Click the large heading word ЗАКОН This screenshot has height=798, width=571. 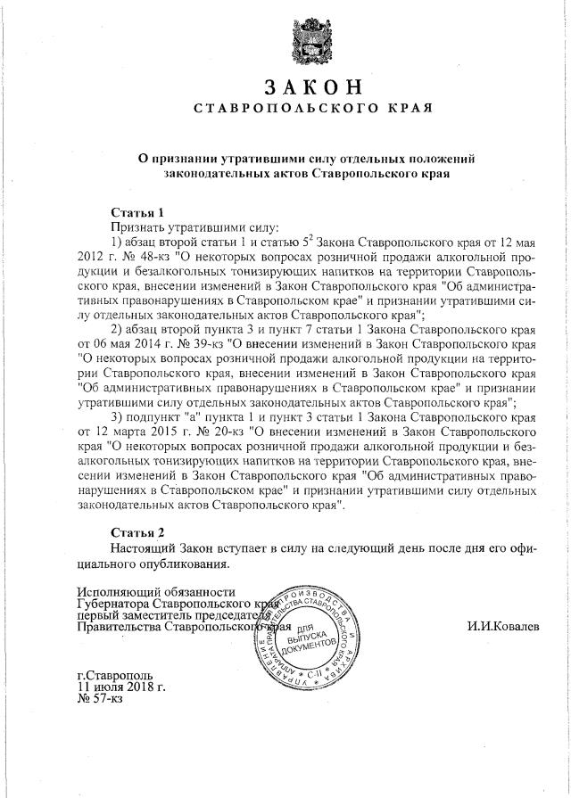(313, 87)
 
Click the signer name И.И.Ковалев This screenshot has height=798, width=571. (503, 627)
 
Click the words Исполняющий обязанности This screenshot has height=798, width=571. (156, 591)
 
